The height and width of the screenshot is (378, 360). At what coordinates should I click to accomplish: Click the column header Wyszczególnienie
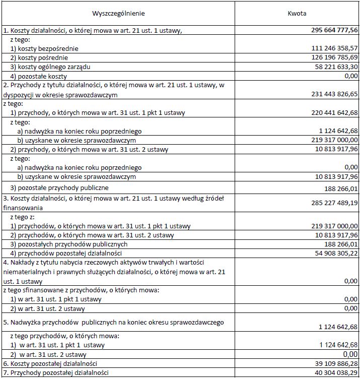click(122, 13)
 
